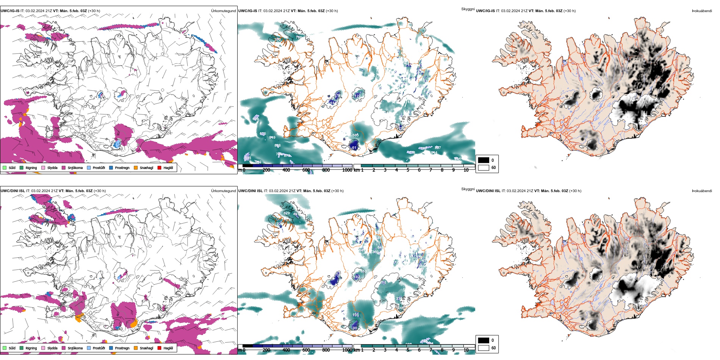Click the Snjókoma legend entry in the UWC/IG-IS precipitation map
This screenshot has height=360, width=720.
point(75,168)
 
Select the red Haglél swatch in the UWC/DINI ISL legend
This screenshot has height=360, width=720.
point(160,348)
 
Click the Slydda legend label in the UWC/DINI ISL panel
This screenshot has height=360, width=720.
point(52,348)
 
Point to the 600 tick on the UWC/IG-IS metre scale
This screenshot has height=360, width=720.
point(306,170)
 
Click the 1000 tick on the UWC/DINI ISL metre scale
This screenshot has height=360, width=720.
point(347,350)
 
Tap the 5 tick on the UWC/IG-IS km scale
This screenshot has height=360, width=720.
point(408,170)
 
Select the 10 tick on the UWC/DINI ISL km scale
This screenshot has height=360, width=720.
point(466,350)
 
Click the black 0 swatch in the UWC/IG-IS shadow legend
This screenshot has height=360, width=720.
point(484,160)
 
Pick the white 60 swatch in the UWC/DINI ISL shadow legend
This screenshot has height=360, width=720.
point(484,348)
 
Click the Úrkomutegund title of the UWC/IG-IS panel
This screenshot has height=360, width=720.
point(223,11)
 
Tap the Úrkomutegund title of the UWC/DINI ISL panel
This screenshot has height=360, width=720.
point(223,191)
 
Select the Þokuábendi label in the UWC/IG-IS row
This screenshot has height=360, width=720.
point(702,11)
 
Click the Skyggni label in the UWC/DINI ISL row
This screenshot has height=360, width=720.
point(468,189)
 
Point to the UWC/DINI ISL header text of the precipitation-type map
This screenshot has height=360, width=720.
point(13,191)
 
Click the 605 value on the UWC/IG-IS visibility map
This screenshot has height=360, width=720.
point(355,135)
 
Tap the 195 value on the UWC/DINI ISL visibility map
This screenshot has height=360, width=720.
point(355,315)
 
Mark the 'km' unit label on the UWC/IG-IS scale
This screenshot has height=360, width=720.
point(357,170)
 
